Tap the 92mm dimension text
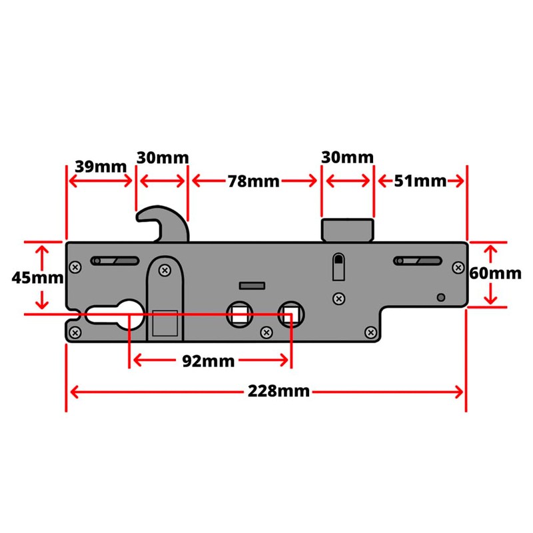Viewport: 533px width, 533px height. [x=209, y=361]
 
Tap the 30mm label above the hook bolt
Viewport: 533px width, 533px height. [x=163, y=158]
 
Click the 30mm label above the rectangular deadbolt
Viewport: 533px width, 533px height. [x=346, y=158]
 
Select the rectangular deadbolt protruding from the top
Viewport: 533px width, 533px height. [x=347, y=230]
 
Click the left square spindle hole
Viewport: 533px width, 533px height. [x=239, y=313]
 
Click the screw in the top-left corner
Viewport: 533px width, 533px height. [x=75, y=267]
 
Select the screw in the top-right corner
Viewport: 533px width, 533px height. [x=458, y=267]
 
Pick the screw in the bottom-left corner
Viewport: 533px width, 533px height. [x=75, y=330]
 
